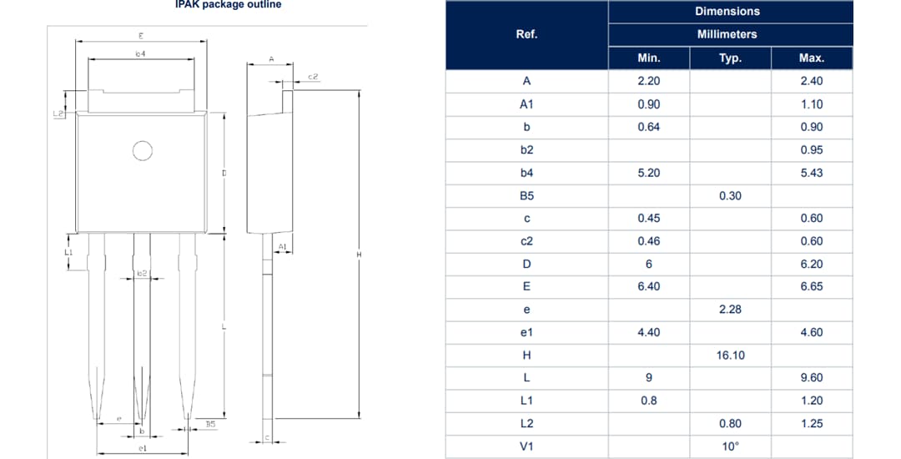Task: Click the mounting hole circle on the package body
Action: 143,150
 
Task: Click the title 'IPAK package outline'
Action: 228,5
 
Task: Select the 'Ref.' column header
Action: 526,34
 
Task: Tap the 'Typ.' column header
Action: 730,58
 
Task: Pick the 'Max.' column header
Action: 811,58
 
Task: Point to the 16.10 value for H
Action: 730,355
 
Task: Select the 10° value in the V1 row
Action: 730,446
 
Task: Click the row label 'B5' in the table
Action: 526,195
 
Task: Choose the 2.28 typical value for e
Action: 730,310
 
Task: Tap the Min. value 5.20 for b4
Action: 648,173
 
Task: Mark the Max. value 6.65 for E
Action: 811,286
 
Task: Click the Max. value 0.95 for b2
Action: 811,150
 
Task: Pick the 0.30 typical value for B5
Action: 730,195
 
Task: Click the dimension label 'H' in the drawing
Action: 358,255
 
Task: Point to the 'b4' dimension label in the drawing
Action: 141,53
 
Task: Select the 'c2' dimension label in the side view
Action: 313,77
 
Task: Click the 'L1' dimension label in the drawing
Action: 68,251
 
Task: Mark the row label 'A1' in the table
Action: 526,104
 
